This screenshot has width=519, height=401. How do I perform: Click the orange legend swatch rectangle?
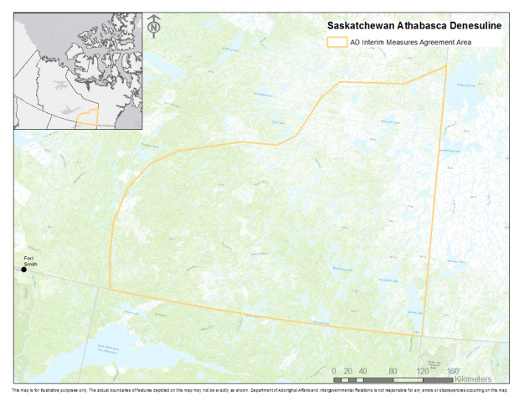(337, 40)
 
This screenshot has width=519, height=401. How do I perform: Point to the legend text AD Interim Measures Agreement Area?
(410, 40)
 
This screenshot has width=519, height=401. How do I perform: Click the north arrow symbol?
(154, 26)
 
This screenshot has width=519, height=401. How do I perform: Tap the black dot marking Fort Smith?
(24, 269)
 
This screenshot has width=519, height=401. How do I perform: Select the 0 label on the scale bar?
(334, 371)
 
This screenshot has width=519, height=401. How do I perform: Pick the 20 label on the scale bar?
(351, 371)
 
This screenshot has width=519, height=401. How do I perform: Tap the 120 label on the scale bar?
(423, 371)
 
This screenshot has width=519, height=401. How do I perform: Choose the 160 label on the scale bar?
(453, 371)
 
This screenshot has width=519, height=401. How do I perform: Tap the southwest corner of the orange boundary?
(110, 290)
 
